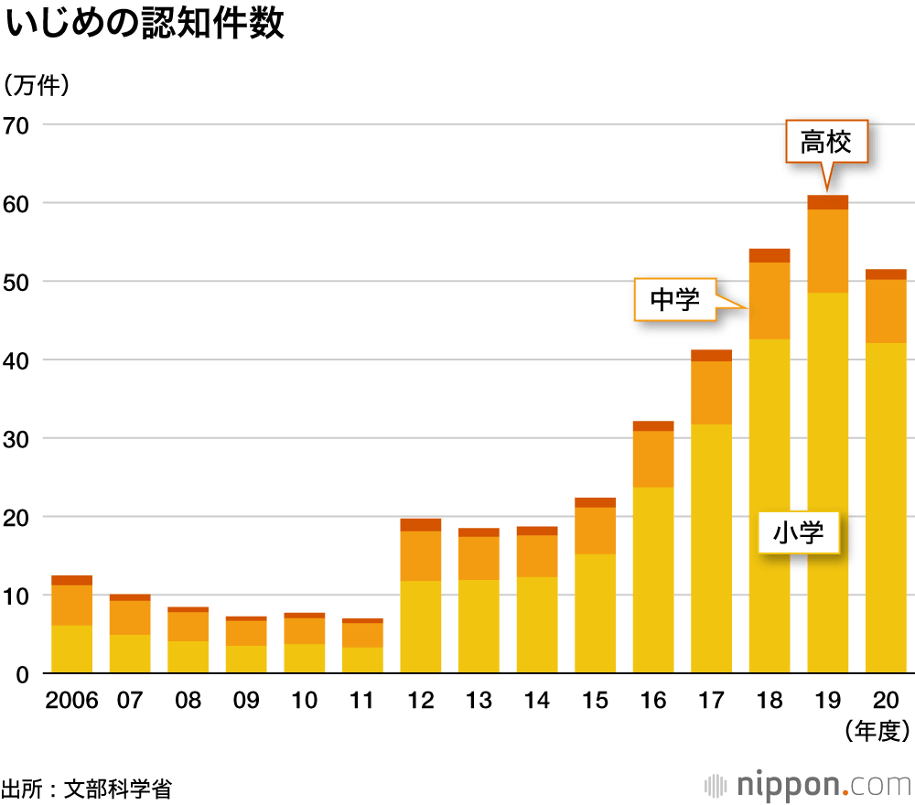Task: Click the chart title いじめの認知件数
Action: [x=145, y=25]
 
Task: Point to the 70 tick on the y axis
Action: [x=16, y=124]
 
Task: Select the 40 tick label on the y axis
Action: [x=16, y=360]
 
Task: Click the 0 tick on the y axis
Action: [x=22, y=674]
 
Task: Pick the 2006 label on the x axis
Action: [x=70, y=701]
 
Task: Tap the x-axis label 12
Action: [x=420, y=701]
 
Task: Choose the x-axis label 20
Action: [x=886, y=701]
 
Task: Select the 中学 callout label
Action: [x=675, y=299]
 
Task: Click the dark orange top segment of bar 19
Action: [x=827, y=202]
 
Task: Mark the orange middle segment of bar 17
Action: [x=711, y=392]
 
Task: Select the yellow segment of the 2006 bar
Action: [x=71, y=649]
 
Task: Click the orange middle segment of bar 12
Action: [x=420, y=555]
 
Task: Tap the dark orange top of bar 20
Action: [x=886, y=274]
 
